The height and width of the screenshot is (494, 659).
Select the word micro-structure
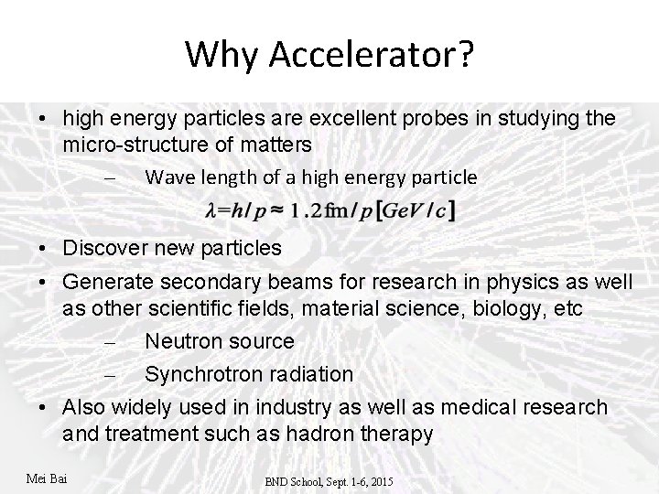pyautogui.click(x=138, y=145)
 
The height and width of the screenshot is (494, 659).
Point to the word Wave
pyautogui.click(x=167, y=177)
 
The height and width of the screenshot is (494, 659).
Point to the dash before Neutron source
pyautogui.click(x=108, y=342)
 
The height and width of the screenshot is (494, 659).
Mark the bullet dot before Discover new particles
pyautogui.click(x=43, y=249)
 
